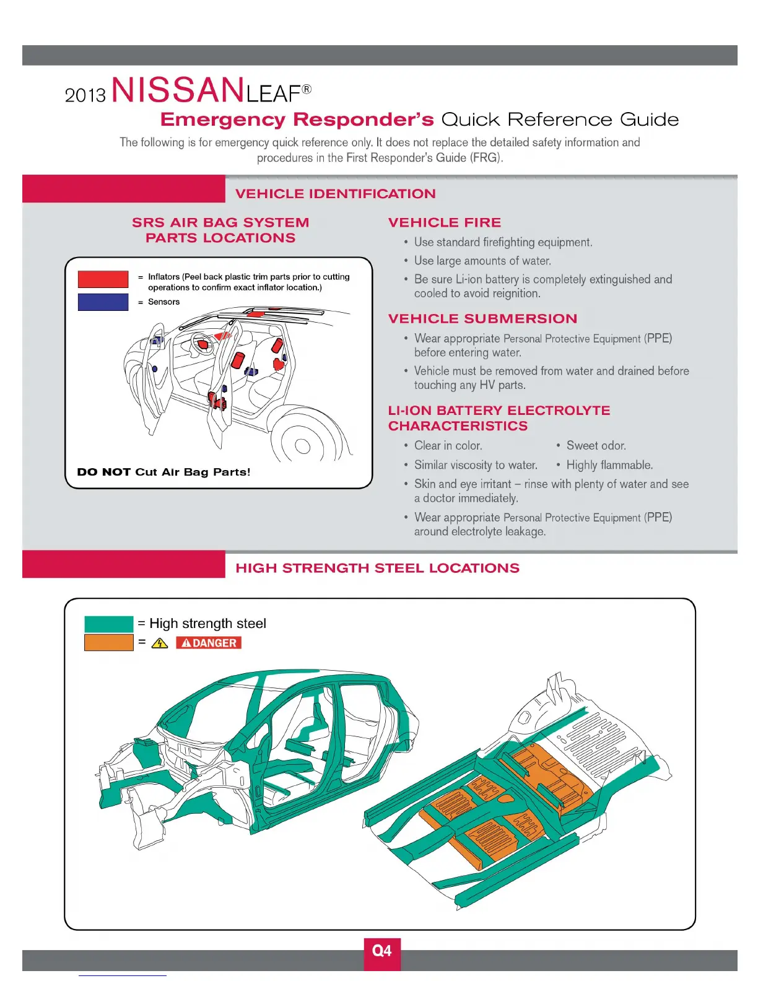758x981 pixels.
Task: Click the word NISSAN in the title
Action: tap(177, 90)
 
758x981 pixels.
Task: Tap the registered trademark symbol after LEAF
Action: tap(307, 89)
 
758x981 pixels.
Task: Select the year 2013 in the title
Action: tap(85, 95)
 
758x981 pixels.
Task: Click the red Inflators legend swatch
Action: tap(103, 279)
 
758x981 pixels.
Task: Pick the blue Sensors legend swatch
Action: tap(103, 302)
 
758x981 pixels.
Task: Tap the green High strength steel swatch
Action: tap(109, 624)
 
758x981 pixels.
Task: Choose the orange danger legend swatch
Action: tap(109, 643)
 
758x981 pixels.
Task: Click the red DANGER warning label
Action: tap(209, 643)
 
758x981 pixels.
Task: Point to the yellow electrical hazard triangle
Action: tap(160, 643)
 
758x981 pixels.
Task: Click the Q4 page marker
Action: tap(381, 951)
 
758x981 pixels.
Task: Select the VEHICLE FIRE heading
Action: tap(445, 223)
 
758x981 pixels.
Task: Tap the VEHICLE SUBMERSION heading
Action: tap(482, 319)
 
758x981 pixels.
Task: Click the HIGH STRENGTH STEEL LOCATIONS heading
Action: tap(377, 568)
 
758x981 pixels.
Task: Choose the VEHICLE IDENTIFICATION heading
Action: tap(335, 194)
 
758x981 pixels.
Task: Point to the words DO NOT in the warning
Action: tap(103, 472)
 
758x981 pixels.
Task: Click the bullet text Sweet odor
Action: tap(596, 446)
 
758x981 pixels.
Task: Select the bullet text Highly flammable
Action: tap(609, 465)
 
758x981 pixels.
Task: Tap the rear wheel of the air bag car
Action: tap(302, 445)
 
